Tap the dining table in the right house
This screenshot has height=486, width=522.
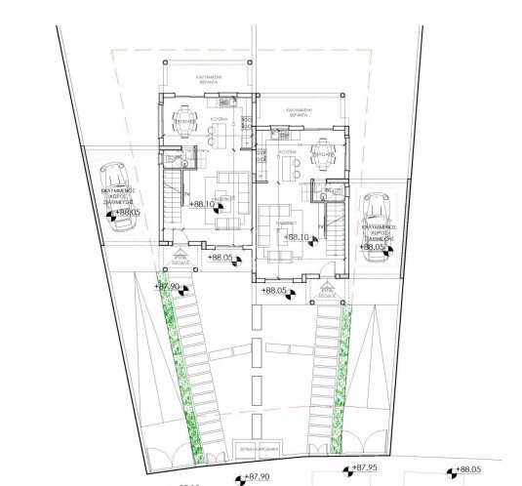click(322, 152)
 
